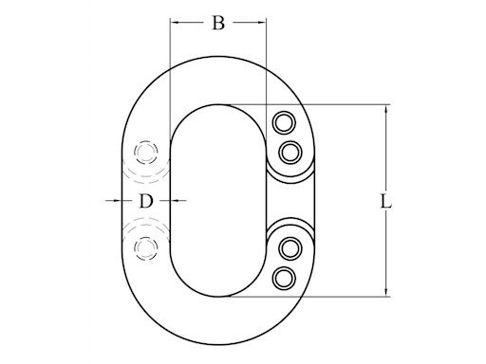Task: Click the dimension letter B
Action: pyautogui.click(x=218, y=23)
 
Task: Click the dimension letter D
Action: pyautogui.click(x=146, y=201)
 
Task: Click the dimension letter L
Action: pyautogui.click(x=385, y=201)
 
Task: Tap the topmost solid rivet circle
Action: pyautogui.click(x=284, y=122)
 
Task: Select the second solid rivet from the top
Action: pyautogui.click(x=290, y=153)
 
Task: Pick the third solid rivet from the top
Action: pyautogui.click(x=290, y=248)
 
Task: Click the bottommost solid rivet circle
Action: pyautogui.click(x=284, y=279)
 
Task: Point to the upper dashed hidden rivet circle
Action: pyautogui.click(x=146, y=153)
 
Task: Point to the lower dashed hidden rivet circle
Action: pyautogui.click(x=146, y=248)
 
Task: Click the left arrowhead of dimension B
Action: pyautogui.click(x=175, y=22)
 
